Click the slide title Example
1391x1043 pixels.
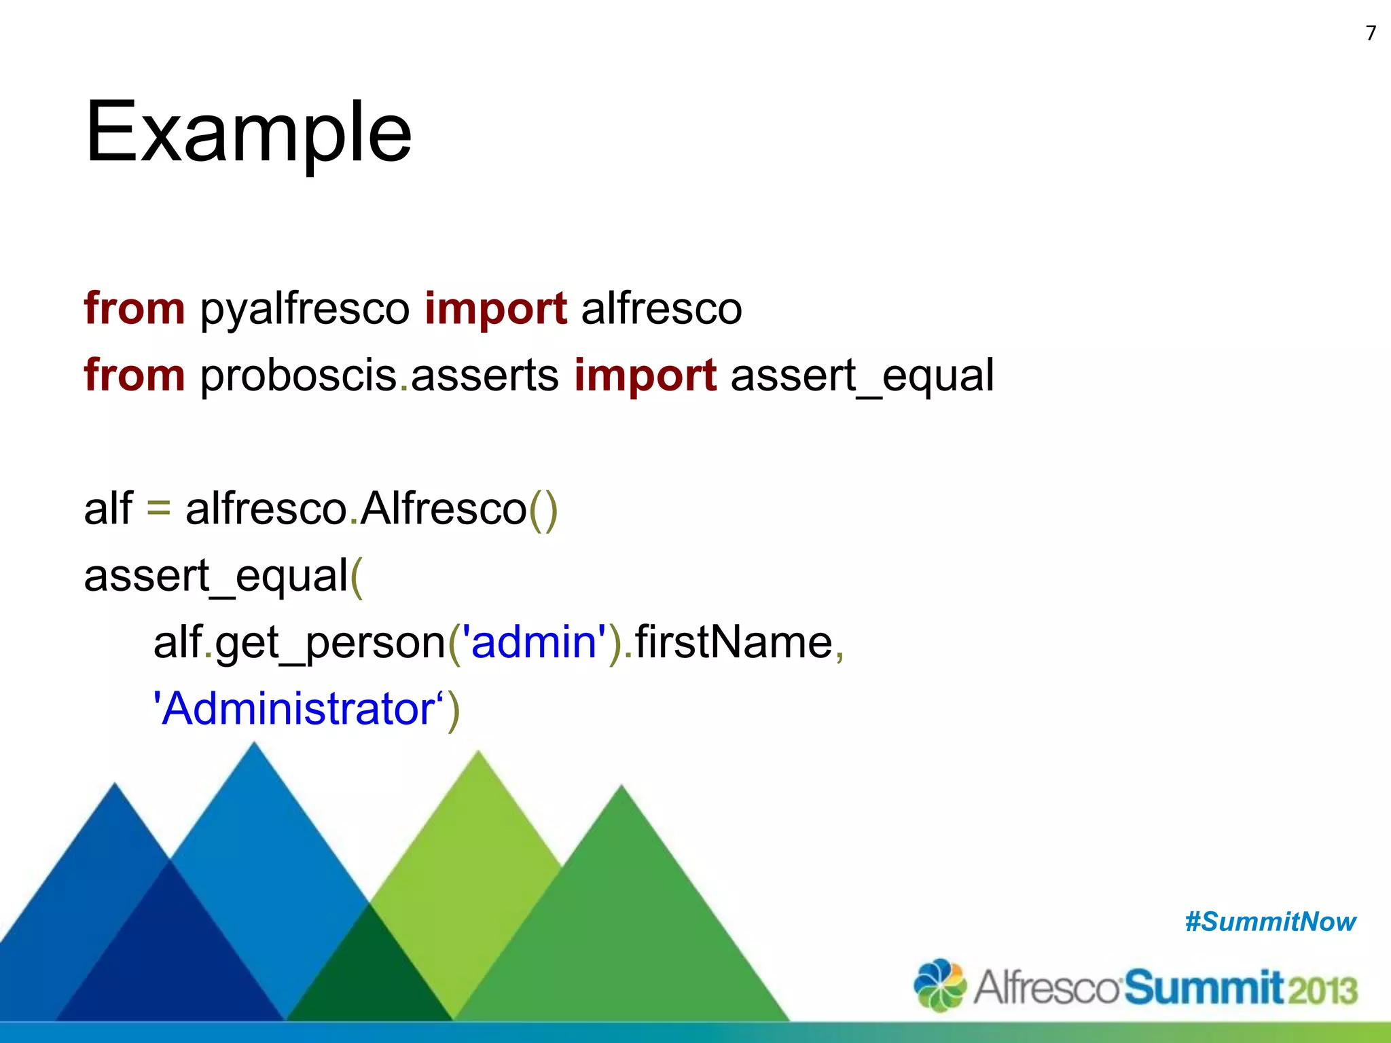248,132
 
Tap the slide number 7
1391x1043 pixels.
1371,33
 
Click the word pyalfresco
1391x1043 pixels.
305,309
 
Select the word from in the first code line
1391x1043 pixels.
134,309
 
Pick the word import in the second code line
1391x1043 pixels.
645,376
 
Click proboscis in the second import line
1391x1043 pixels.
298,376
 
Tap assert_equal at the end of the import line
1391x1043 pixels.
862,376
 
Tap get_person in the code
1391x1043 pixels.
329,643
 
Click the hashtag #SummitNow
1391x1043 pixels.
1270,922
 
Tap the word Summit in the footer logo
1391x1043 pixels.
1204,988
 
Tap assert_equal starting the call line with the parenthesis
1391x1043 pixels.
216,575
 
